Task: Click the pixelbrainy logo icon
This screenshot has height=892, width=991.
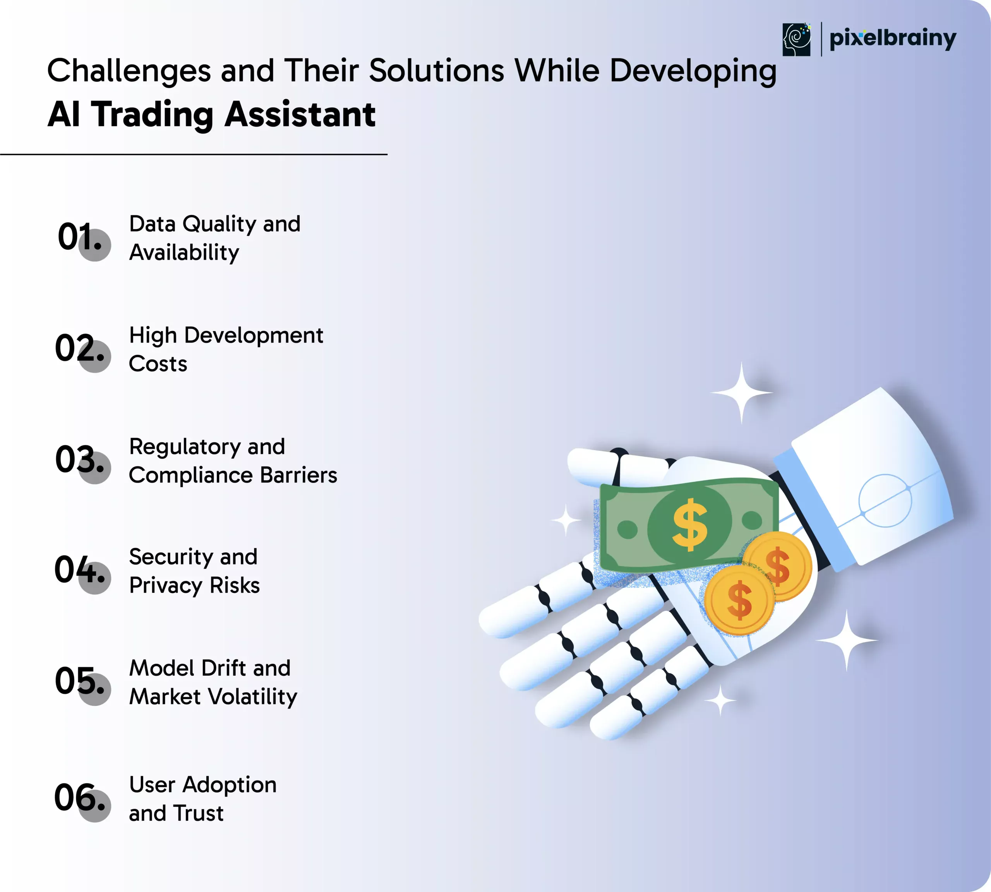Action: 796,39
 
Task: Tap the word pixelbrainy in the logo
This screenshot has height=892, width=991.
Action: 892,39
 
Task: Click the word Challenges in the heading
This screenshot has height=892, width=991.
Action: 129,72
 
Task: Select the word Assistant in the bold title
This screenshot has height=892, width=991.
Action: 300,114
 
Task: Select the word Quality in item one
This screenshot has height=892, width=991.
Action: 219,225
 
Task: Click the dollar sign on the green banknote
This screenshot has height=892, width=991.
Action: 690,524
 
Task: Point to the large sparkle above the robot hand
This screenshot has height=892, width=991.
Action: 741,392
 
